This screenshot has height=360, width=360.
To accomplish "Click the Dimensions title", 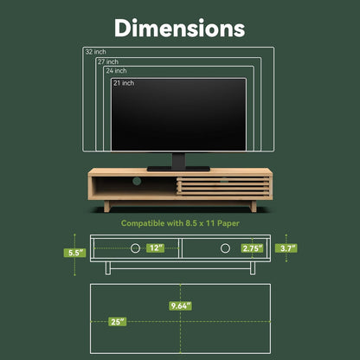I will click(180, 28).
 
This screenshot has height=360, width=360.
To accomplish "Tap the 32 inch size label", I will click(95, 52).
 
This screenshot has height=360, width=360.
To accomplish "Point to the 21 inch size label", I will click(123, 83).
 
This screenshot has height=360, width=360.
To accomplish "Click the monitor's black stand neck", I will click(179, 159).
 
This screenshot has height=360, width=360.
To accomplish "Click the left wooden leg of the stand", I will click(106, 206).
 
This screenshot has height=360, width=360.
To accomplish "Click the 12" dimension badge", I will click(155, 248).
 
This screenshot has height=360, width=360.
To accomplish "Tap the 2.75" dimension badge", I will click(252, 248).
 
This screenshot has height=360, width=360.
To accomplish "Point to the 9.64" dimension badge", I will click(180, 305).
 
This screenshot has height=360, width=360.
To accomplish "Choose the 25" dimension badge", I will click(116, 321).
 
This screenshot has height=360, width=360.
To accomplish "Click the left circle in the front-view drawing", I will click(135, 248).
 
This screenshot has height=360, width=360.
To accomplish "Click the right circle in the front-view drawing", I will click(225, 248).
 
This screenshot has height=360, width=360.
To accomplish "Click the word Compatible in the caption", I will click(145, 223).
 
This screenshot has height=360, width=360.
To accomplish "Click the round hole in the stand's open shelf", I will click(135, 182).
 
